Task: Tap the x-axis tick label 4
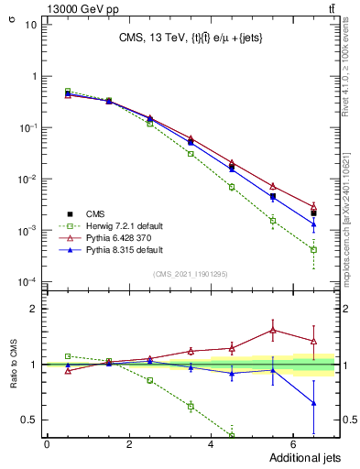[x=211, y=444]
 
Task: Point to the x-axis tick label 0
[x=47, y=444]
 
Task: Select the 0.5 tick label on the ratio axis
[x=27, y=420]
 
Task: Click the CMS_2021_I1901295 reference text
[x=191, y=274]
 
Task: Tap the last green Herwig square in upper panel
[x=313, y=249]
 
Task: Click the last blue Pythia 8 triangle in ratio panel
[x=313, y=403]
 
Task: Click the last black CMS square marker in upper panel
[x=313, y=213]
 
